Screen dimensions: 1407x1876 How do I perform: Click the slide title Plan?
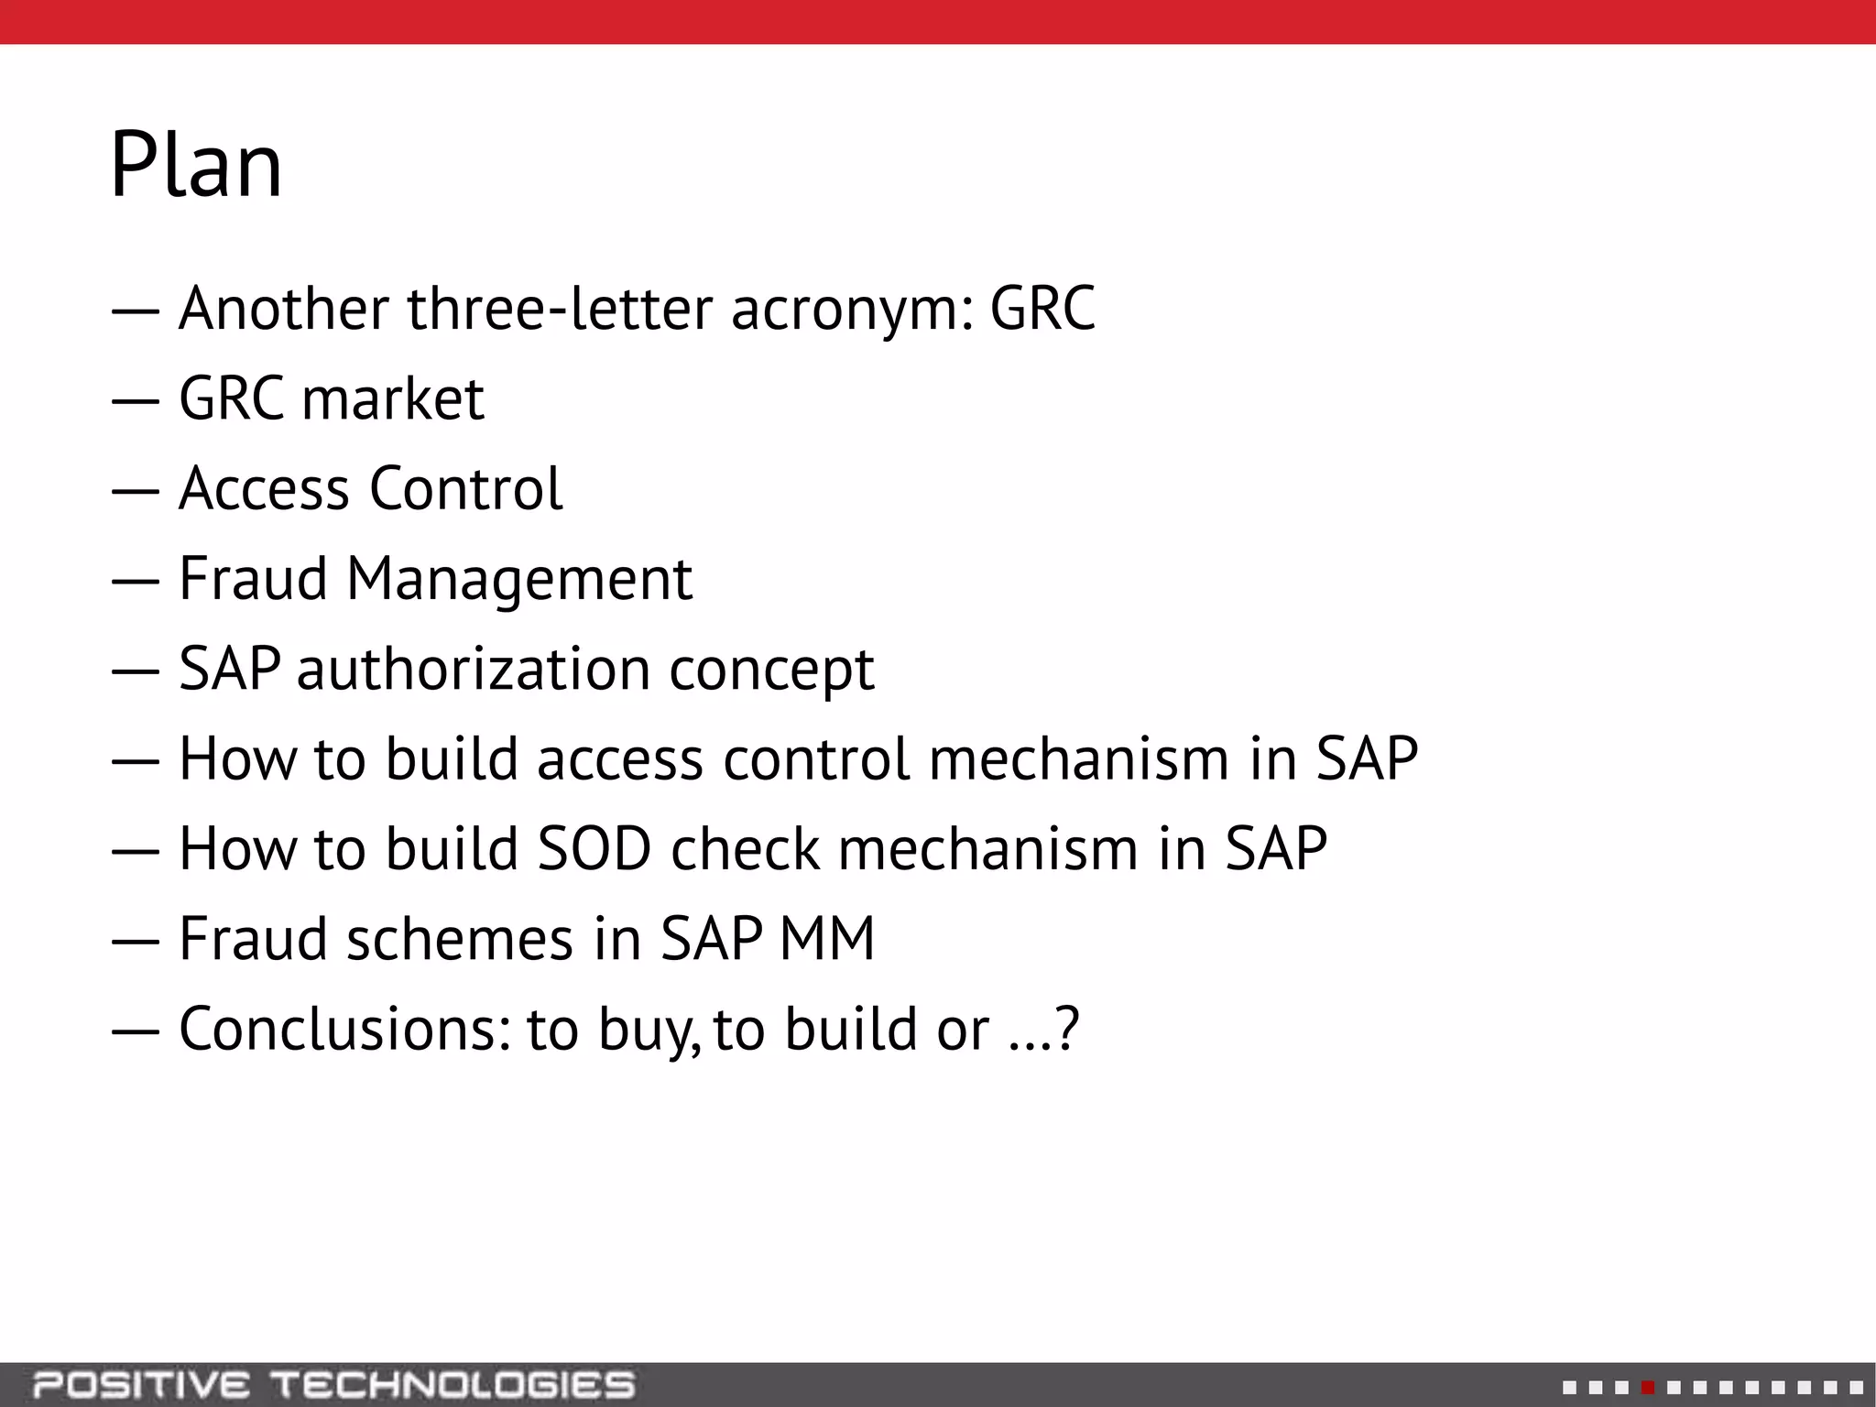point(196,165)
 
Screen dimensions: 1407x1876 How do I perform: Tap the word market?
point(392,399)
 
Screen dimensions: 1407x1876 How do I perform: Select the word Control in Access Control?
point(465,488)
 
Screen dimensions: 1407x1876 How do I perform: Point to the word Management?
point(518,579)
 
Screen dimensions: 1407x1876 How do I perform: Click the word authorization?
point(473,669)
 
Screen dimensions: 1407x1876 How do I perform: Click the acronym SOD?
point(594,849)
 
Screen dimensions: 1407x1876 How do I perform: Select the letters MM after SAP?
point(827,939)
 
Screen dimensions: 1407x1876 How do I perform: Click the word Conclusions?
point(344,1029)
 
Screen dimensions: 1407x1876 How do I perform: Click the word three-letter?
point(560,310)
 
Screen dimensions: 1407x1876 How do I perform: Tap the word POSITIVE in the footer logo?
point(141,1385)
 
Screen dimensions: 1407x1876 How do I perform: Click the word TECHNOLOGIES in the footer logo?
point(453,1385)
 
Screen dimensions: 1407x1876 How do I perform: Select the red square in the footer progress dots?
point(1648,1388)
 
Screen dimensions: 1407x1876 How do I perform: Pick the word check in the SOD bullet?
point(745,849)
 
